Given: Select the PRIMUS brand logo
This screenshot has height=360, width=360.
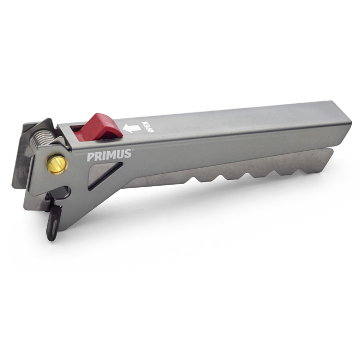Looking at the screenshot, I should (109, 155).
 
